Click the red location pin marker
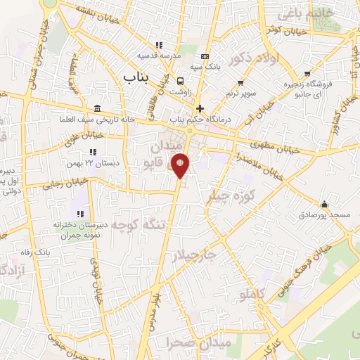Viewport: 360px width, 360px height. click(x=180, y=165)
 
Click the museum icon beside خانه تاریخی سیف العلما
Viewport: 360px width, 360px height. click(x=96, y=108)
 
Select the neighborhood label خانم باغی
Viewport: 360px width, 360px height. click(x=304, y=11)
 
